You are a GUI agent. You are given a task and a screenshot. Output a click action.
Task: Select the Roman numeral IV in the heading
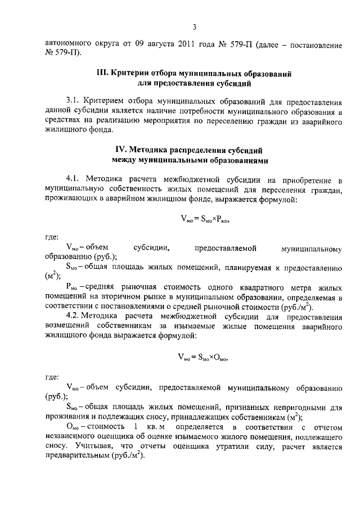[x=121, y=150]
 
